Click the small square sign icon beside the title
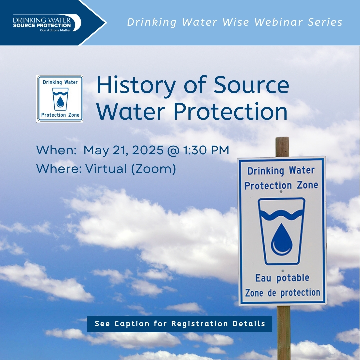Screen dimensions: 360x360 (x=60, y=99)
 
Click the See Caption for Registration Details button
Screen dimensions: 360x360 (x=180, y=324)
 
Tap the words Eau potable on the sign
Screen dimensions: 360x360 (x=282, y=278)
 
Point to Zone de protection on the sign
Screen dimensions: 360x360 (x=282, y=293)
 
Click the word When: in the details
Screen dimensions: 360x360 (x=56, y=150)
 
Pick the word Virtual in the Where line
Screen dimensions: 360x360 (x=106, y=169)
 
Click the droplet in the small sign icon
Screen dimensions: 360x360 (x=60, y=101)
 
